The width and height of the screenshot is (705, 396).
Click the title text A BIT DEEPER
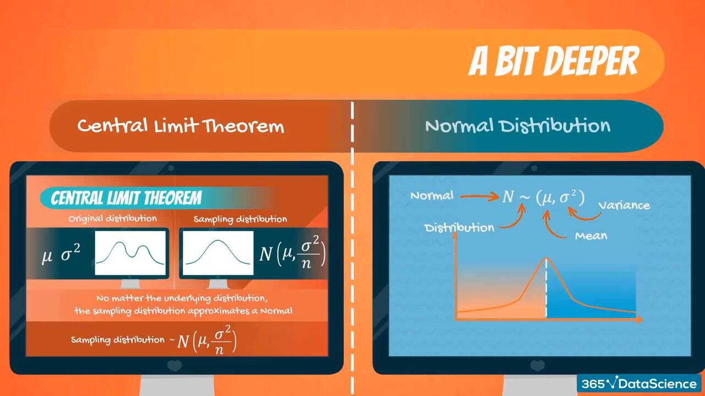(554, 61)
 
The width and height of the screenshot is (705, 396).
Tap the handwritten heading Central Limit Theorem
(181, 126)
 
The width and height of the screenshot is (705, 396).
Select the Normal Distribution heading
(518, 125)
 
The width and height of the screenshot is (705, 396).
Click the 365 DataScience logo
(639, 383)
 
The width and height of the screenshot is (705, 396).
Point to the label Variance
(624, 206)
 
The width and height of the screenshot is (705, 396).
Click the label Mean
(591, 236)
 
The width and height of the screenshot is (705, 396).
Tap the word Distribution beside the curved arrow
(459, 228)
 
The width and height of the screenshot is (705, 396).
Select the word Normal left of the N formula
(432, 196)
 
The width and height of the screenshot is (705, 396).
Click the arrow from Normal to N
(479, 197)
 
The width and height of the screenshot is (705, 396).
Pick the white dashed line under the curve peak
(546, 288)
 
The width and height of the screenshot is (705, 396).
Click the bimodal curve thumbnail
(131, 253)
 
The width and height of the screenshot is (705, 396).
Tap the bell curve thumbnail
(218, 253)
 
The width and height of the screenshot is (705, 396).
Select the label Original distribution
(113, 218)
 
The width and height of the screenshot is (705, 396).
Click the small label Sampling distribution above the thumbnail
(240, 219)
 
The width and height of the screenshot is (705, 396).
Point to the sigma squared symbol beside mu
(70, 254)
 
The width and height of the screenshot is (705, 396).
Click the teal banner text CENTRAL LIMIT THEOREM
(126, 199)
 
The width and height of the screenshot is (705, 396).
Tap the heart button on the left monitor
(175, 366)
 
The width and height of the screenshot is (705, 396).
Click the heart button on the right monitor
(537, 366)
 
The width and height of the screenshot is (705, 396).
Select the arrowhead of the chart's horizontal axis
(638, 320)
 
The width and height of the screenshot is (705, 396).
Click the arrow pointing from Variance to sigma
(585, 217)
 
